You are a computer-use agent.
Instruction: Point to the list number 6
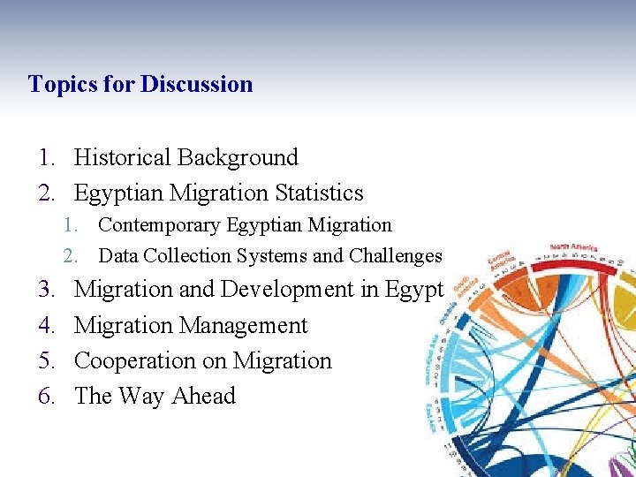click(x=47, y=396)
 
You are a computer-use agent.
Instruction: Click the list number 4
click(x=47, y=325)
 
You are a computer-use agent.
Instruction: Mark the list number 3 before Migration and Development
click(x=47, y=290)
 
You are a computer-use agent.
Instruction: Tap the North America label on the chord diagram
click(x=573, y=246)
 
